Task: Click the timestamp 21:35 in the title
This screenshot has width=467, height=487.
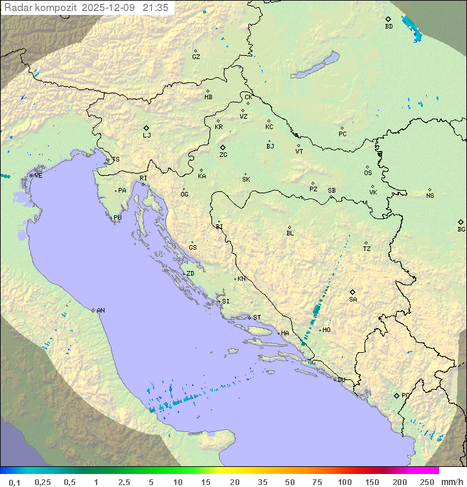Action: [157, 7]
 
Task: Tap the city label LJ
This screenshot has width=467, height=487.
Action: [147, 136]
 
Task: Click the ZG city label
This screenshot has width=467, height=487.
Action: [223, 155]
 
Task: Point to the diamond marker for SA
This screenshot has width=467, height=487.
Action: [353, 292]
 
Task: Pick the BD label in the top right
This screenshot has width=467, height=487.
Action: [389, 27]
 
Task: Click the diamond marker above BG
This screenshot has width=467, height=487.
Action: [461, 222]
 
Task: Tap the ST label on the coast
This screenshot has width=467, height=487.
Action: [257, 318]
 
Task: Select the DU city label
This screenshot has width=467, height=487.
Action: [341, 380]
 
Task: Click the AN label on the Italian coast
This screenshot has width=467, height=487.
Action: [101, 311]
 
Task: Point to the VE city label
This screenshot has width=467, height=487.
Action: [38, 176]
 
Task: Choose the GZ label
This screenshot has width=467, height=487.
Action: [196, 57]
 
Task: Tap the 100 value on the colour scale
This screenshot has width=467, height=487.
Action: [344, 482]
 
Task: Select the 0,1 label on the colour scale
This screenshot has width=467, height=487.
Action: [15, 482]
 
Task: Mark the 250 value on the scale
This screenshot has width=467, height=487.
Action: [427, 482]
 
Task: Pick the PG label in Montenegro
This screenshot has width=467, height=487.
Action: [405, 395]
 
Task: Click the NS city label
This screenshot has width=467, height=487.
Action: [430, 196]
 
